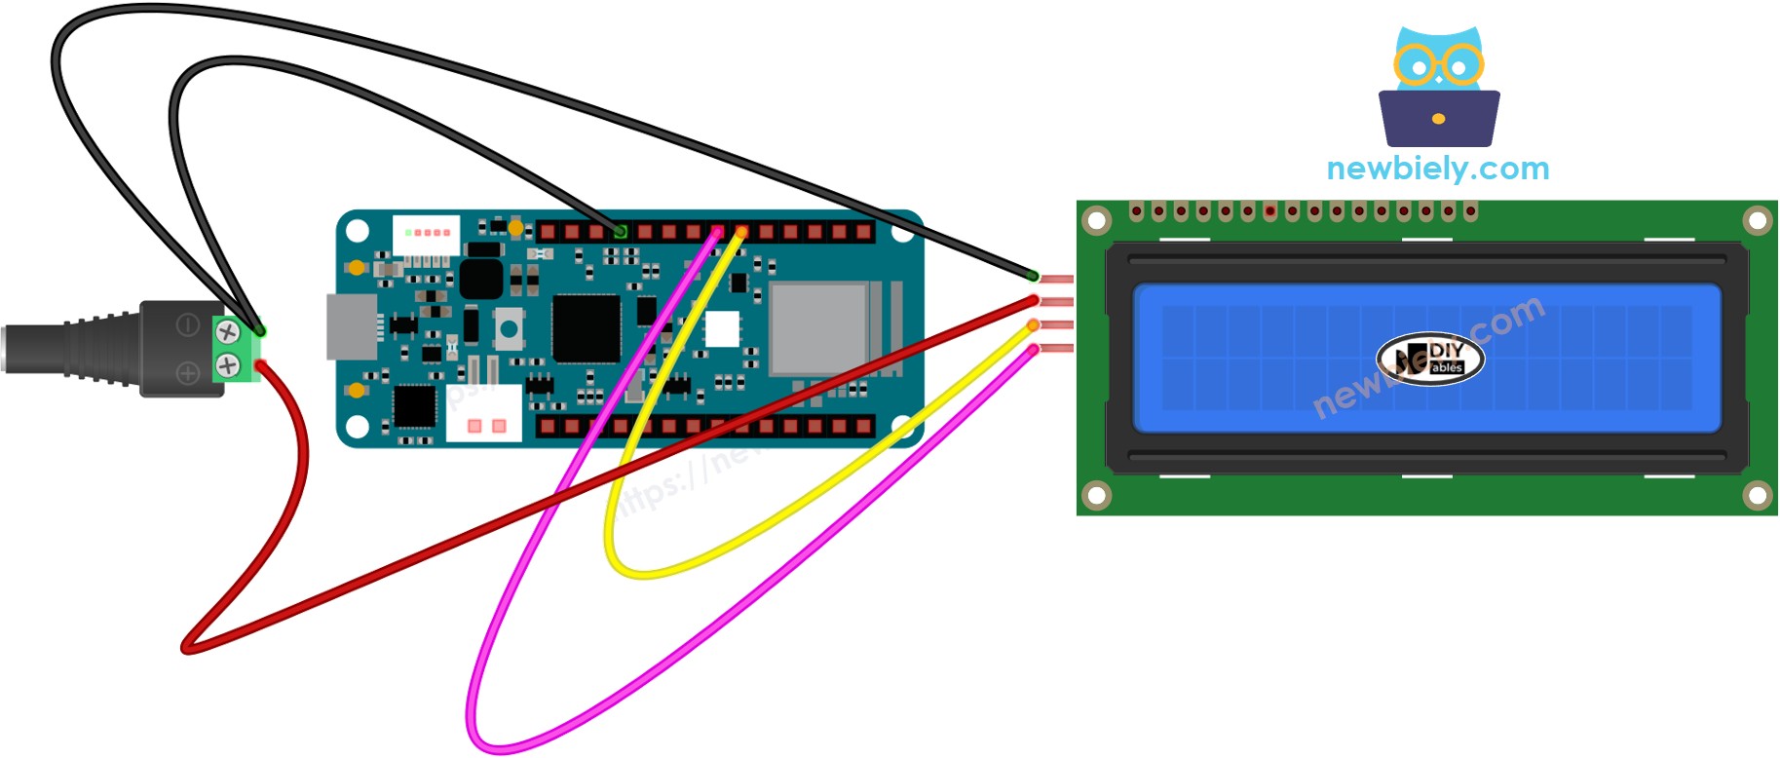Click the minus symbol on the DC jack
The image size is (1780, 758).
tap(187, 325)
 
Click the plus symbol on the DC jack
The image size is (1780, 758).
tap(187, 372)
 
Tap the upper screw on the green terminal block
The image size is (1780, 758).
tap(228, 331)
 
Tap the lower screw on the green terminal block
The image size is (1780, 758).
tap(228, 366)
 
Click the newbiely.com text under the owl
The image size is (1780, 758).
tap(1437, 169)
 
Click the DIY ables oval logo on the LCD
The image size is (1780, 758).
tap(1430, 359)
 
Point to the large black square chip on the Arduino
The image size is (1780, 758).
tap(587, 328)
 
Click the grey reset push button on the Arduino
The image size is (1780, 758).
tap(508, 327)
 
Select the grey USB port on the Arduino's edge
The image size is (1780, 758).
tap(351, 326)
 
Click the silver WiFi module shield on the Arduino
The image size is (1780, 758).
tap(819, 328)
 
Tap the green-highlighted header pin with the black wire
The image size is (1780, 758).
tap(621, 231)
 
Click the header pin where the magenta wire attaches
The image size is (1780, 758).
tap(718, 232)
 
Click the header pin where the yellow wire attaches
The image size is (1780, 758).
tap(742, 232)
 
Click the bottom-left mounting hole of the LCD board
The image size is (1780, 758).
tap(1097, 496)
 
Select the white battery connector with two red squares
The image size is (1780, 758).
tap(483, 414)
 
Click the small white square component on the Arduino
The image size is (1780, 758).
tap(722, 329)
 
